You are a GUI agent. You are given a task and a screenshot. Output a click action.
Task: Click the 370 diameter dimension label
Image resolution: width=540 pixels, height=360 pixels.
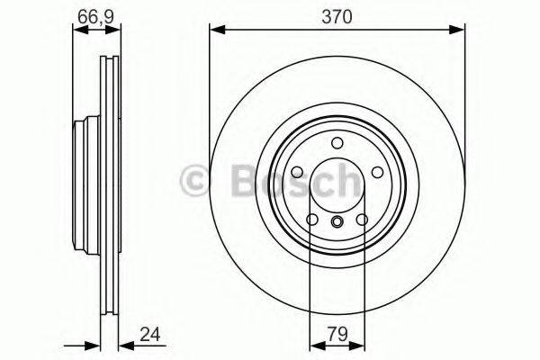[x=337, y=15]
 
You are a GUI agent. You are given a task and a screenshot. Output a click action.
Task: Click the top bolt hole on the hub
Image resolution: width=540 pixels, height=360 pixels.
[x=337, y=142]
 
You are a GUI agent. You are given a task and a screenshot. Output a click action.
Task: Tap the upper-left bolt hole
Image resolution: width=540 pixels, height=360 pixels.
[x=298, y=170]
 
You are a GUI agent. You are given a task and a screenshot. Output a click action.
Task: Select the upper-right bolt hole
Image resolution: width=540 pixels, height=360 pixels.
[x=375, y=170]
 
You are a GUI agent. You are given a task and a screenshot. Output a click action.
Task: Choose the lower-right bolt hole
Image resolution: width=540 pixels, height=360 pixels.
[x=361, y=219]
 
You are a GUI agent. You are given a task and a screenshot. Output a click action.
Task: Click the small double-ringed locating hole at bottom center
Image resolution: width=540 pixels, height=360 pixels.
[x=337, y=223]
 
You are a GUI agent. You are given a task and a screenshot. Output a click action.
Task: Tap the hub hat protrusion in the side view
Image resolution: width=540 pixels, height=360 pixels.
[x=79, y=180]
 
